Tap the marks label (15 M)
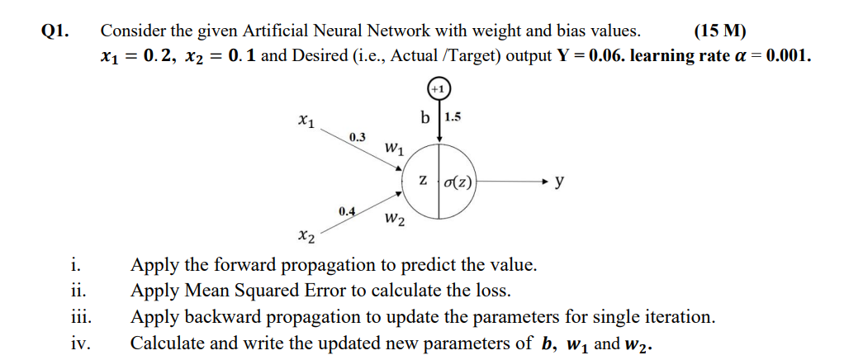(719, 31)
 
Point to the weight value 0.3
(358, 136)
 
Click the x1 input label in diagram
(306, 123)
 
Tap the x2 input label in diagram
(306, 237)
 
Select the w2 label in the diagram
(395, 220)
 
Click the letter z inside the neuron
(423, 180)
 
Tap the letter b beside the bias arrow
(424, 117)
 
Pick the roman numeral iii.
(81, 317)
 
